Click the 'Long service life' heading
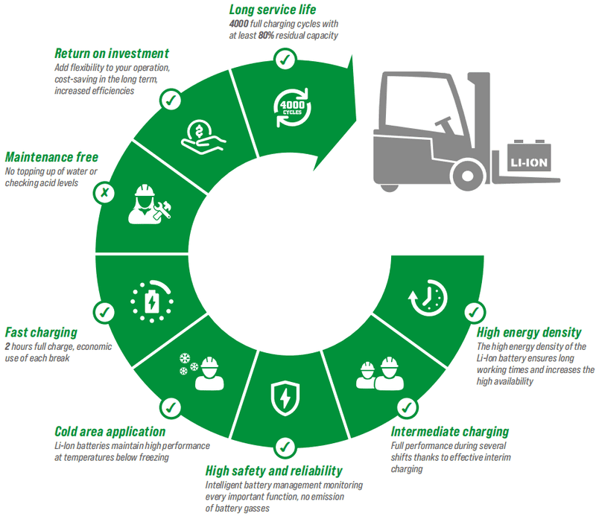coord(273,10)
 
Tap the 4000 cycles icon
coord(292,108)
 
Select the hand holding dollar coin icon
coord(203,137)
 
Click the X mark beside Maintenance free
coord(104,193)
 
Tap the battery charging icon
coord(152,302)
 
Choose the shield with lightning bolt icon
coord(285,398)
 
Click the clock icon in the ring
coord(428,298)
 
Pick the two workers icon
coord(380,374)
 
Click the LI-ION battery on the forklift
coord(529,156)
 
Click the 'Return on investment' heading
coord(112,53)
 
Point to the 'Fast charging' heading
coord(41,333)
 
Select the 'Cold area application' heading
coord(110,432)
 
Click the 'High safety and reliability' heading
coord(273,471)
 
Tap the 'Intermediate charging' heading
coord(450,432)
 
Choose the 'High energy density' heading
coord(529,333)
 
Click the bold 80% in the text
coord(266,35)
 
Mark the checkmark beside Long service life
coord(285,60)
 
